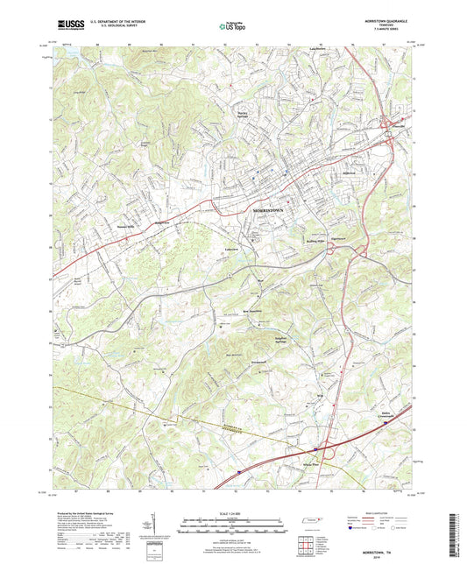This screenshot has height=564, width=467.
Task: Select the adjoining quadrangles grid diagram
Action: click(x=306, y=545)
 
